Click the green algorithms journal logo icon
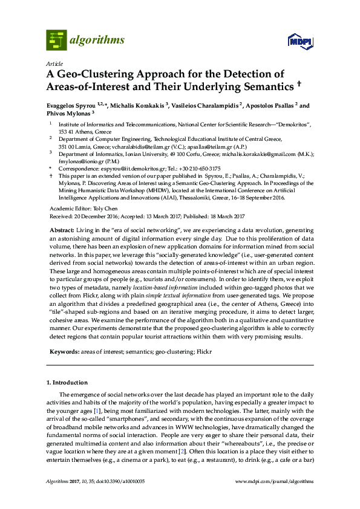point(56,41)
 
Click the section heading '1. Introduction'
point(67,383)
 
